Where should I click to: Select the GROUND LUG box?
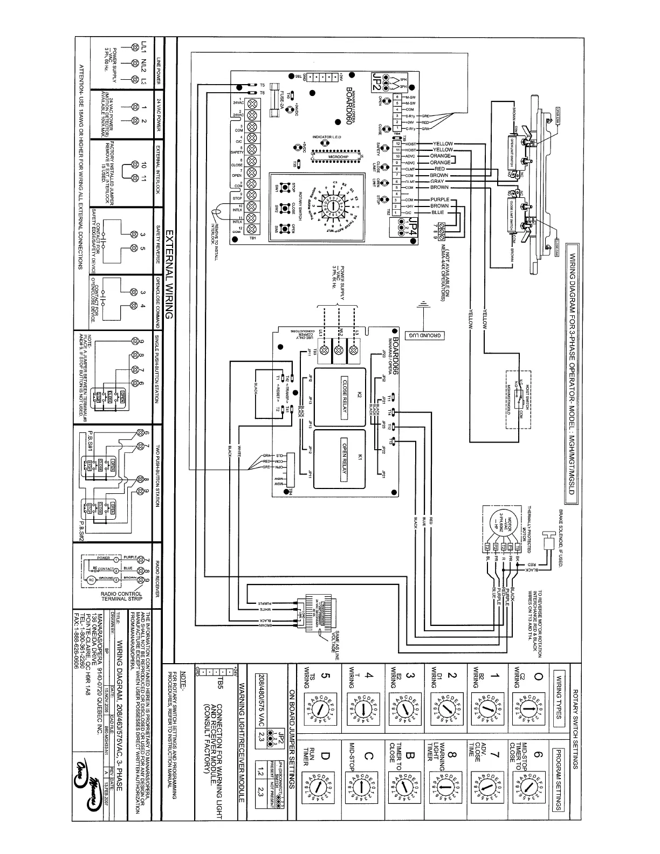coord(427,336)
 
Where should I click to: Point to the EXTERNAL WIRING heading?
coord(168,274)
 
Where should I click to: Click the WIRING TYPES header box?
coord(560,699)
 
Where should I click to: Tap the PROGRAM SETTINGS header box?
coord(560,779)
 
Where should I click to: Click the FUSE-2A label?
coord(281,99)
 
